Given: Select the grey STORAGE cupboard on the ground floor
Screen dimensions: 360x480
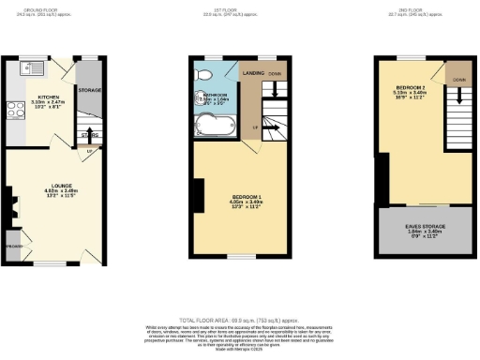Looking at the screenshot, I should pos(90,90).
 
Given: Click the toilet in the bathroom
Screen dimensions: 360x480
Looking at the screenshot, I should pos(203,75).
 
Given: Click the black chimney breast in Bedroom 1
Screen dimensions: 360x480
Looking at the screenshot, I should pos(198,195).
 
